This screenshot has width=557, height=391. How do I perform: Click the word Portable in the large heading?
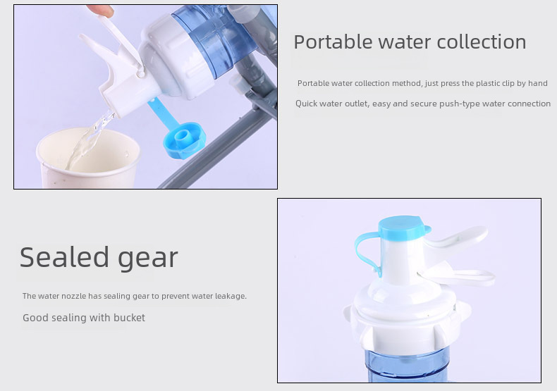[333, 42]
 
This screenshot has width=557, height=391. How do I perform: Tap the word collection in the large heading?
[482, 42]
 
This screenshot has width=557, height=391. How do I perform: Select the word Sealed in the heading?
[64, 257]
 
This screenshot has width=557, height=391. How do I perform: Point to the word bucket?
[129, 317]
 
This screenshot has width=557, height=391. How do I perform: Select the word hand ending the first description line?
[538, 83]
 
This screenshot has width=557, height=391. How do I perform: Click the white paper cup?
[88, 161]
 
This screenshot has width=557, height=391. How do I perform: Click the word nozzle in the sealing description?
[73, 296]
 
